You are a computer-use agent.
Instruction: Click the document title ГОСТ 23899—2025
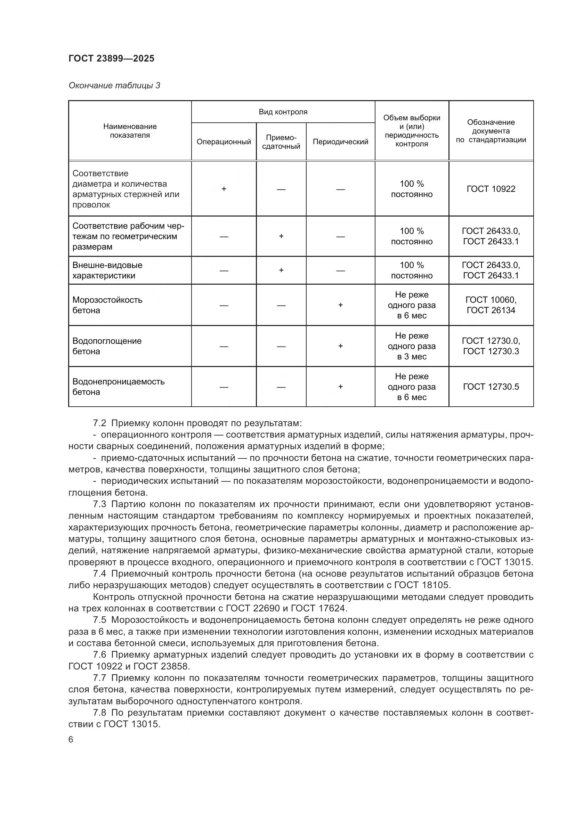point(112,58)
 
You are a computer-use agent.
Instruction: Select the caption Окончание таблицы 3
point(114,86)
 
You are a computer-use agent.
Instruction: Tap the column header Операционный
point(224,141)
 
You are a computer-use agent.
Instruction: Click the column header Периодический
point(340,141)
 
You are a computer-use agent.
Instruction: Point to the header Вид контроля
point(283,112)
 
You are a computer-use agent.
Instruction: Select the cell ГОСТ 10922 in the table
point(491,189)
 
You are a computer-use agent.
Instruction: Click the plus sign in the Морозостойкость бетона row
point(340,305)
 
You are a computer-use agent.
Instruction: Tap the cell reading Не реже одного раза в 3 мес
point(411,346)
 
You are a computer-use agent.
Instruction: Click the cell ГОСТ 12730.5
point(491,387)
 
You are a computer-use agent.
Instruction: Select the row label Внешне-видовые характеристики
point(107,270)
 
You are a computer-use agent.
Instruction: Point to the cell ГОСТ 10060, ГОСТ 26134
point(491,305)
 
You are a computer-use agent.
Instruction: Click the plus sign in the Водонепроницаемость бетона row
point(340,387)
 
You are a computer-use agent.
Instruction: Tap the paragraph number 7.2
point(99,423)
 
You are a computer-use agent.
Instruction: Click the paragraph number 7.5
point(99,620)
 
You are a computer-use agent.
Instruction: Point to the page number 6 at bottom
point(71,740)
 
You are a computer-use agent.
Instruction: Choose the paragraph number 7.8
point(99,713)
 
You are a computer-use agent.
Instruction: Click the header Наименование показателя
point(130,131)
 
